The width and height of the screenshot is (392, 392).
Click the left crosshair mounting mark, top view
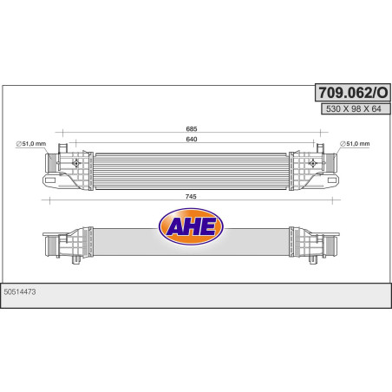click(76, 161)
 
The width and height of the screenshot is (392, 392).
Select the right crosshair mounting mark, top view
click(310, 161)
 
